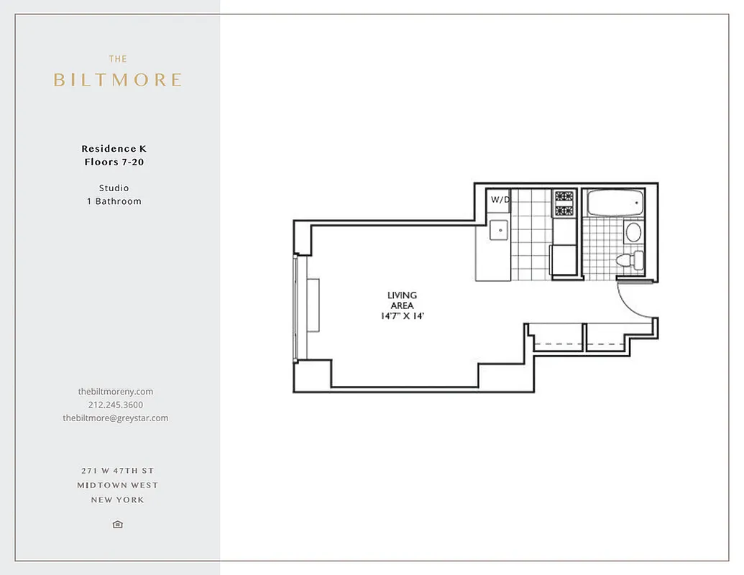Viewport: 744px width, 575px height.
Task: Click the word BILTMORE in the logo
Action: (x=117, y=80)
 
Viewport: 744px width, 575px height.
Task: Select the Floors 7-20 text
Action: (x=114, y=162)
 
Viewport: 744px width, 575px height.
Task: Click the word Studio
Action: (x=114, y=188)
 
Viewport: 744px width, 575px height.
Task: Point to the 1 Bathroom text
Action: (x=114, y=201)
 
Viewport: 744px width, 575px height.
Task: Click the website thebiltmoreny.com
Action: (x=115, y=392)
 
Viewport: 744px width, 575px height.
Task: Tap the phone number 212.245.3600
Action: (x=115, y=405)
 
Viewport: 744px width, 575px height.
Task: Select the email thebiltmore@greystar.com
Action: (x=115, y=418)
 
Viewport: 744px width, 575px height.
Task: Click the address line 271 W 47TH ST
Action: (x=118, y=471)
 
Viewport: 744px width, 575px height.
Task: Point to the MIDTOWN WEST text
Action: (x=118, y=485)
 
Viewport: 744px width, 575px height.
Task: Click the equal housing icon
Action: (x=118, y=525)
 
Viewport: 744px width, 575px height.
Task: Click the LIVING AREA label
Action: (x=402, y=300)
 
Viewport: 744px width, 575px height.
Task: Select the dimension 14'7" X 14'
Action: (x=402, y=316)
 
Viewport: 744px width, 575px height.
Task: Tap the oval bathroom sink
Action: (x=633, y=231)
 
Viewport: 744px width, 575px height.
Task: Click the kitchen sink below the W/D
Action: (x=499, y=231)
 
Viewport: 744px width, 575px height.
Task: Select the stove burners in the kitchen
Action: (x=564, y=203)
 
